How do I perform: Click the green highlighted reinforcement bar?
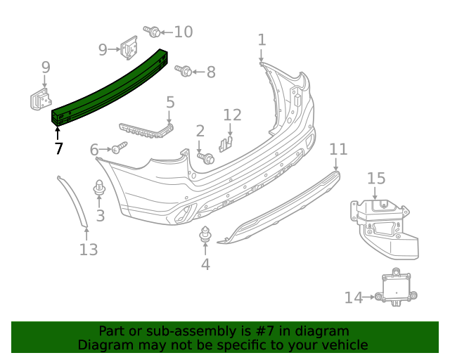click(109, 87)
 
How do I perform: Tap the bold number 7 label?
click(58, 148)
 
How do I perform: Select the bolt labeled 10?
click(151, 31)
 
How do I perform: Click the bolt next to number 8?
click(184, 71)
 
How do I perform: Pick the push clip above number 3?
click(100, 188)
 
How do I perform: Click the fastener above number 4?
click(205, 236)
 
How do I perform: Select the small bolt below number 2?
click(207, 158)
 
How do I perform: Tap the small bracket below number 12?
click(226, 143)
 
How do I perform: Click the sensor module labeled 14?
click(397, 289)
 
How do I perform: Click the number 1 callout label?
click(262, 39)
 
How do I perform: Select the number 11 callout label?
click(338, 148)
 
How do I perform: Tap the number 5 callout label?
click(170, 103)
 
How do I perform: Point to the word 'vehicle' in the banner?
click(343, 345)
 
